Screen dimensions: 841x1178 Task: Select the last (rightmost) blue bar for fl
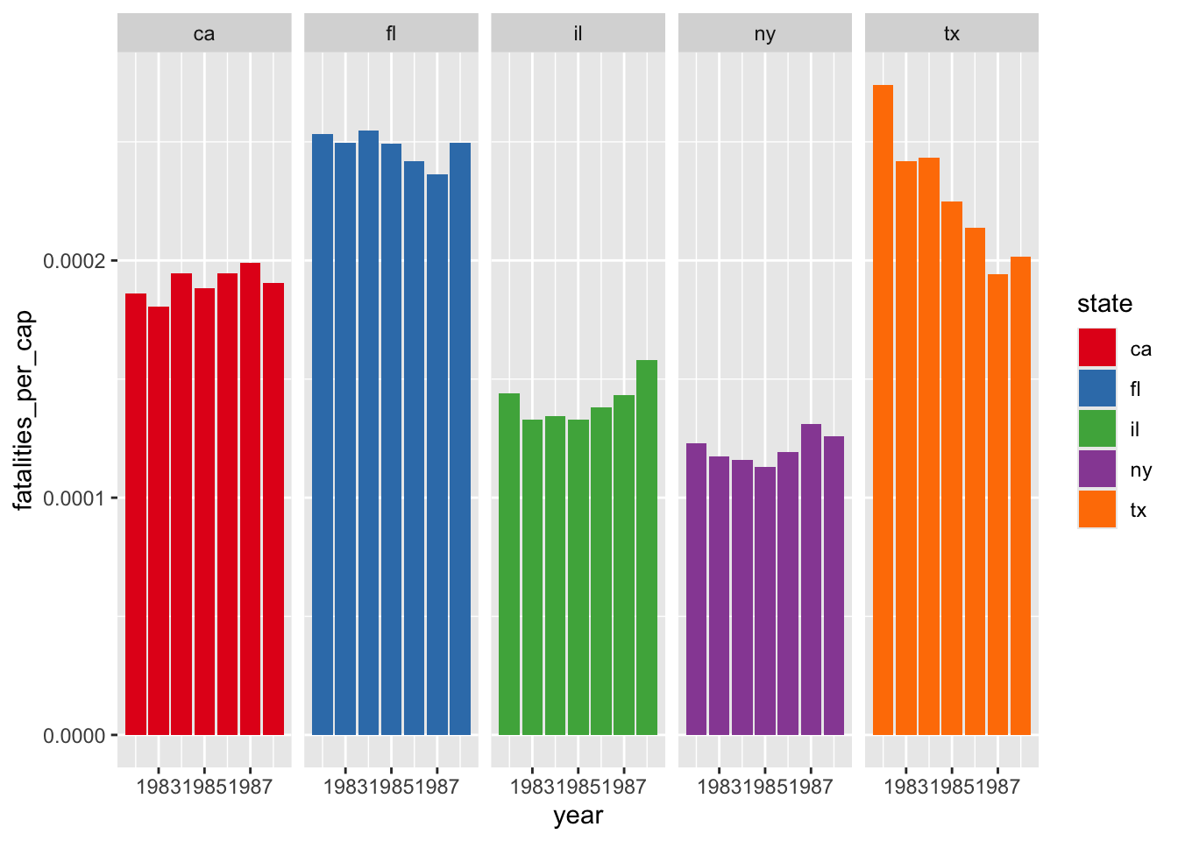[x=460, y=438]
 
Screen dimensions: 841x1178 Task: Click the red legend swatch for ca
[x=1096, y=348]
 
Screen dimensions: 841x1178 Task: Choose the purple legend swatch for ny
[x=1096, y=469]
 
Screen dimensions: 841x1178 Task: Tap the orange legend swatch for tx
[x=1096, y=509]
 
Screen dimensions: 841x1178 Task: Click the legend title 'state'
[x=1104, y=304]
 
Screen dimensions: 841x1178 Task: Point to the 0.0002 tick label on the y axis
[x=74, y=261]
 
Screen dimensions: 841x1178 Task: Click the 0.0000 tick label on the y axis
[x=74, y=736]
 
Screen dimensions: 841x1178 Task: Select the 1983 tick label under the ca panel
[x=160, y=787]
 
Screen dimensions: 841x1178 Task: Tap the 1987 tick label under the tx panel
[x=997, y=787]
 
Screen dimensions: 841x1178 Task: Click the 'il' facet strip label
[x=578, y=34]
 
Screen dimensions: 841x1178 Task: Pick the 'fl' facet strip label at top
[x=391, y=34]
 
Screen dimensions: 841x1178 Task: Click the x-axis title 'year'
[x=578, y=816]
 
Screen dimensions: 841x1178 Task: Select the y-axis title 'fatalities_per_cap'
[x=24, y=409]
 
